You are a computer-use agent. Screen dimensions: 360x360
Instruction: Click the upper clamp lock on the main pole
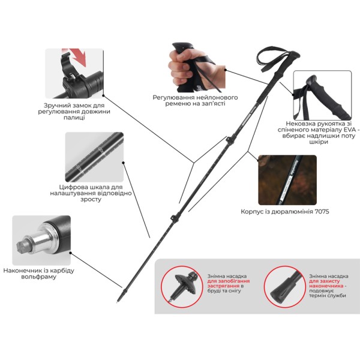tap(229, 140)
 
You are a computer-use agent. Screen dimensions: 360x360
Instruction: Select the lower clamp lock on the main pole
tap(175, 218)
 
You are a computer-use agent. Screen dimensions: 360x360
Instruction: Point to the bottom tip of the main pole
tap(117, 303)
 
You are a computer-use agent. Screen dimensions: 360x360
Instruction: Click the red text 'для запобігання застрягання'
tap(229, 284)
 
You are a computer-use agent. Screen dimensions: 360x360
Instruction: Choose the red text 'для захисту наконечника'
tap(326, 284)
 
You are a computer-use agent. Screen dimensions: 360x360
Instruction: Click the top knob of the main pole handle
tap(295, 55)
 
